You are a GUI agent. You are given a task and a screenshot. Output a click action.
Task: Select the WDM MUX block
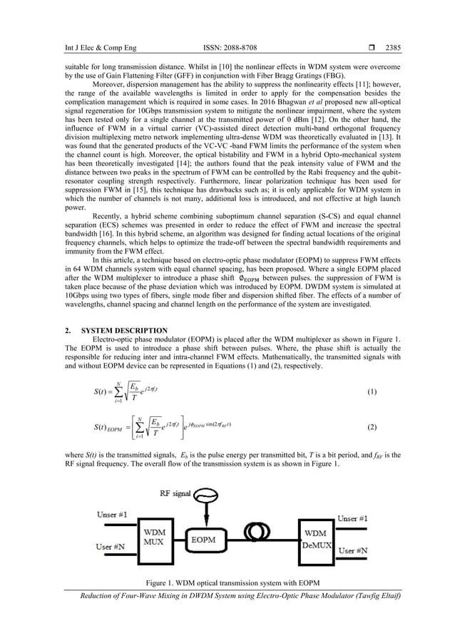tap(157, 539)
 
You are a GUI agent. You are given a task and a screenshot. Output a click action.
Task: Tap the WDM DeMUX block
tap(316, 539)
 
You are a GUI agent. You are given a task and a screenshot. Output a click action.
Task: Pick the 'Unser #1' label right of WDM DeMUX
tap(353, 518)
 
